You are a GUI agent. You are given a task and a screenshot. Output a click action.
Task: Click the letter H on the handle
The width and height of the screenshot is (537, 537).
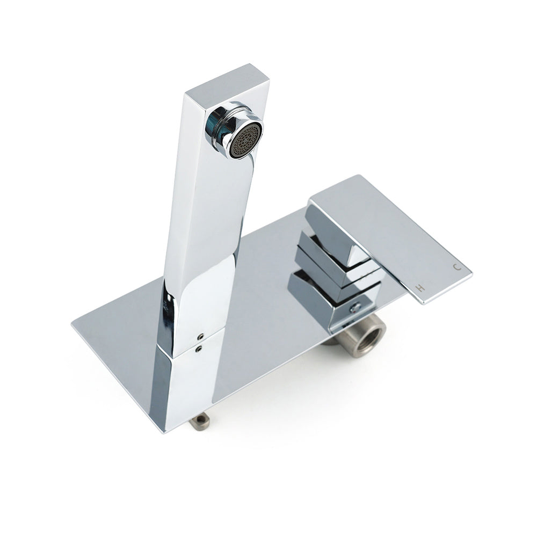(422, 288)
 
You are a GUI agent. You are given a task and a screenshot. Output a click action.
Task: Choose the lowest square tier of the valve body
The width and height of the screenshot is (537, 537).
(322, 301)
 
